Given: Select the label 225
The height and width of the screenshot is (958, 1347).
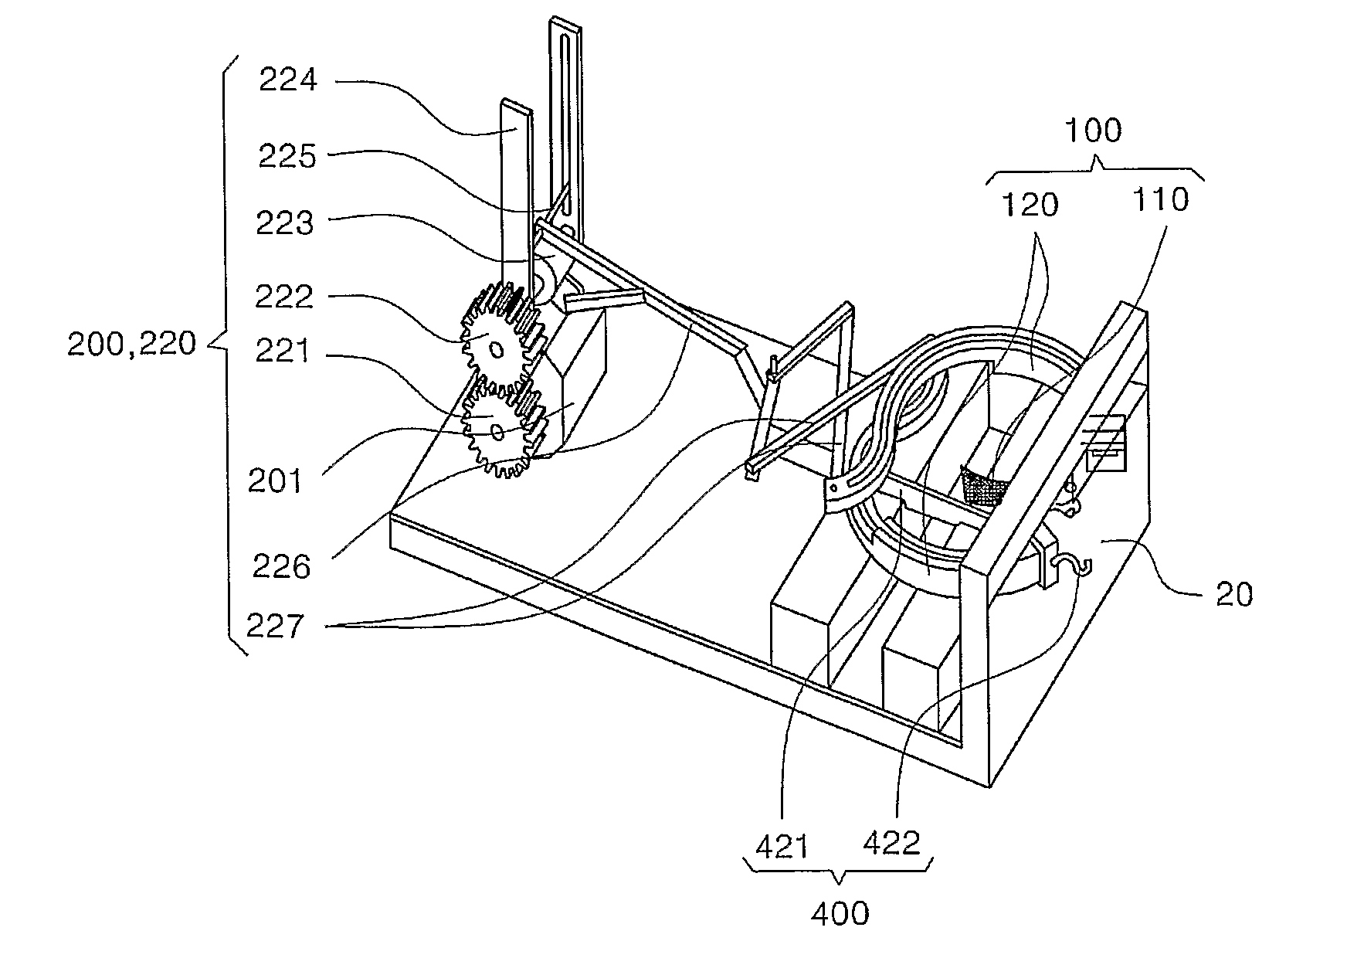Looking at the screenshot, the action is tap(287, 157).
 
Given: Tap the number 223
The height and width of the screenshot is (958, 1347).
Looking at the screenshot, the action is tap(286, 223).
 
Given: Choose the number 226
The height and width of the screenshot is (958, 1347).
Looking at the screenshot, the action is tap(281, 567).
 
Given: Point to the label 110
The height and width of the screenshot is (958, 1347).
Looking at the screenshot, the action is tap(1160, 200).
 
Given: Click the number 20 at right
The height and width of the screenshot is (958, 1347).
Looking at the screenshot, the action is tap(1233, 594).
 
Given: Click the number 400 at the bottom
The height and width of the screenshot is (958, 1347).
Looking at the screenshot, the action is tap(840, 914).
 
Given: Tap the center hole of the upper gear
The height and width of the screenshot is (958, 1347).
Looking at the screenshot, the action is tap(497, 349).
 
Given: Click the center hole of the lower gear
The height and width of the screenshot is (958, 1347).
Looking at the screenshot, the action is tap(497, 431).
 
